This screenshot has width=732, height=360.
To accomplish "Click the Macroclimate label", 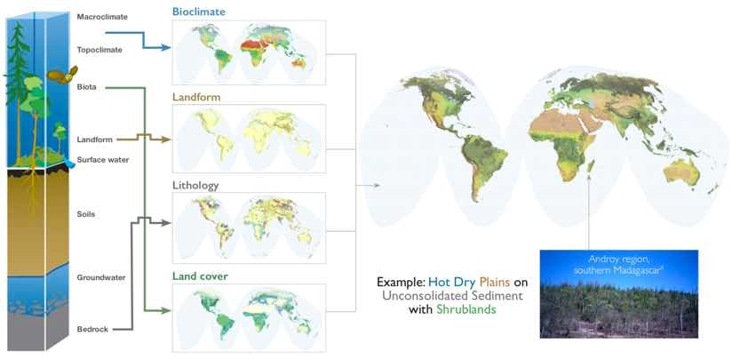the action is [x=102, y=17].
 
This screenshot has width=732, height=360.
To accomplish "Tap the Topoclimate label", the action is [x=99, y=50].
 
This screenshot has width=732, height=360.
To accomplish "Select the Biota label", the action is [x=87, y=87].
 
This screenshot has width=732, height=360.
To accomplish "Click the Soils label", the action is [x=86, y=214].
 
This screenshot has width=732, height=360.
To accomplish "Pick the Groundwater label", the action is [x=101, y=277].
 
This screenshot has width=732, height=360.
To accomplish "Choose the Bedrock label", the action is [x=92, y=329].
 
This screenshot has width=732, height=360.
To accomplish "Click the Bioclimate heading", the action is [x=199, y=12].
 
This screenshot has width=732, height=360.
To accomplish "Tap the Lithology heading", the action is [x=195, y=186].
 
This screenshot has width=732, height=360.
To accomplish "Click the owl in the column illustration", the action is [x=62, y=76].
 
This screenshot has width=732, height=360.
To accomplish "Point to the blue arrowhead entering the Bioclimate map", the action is [x=165, y=47].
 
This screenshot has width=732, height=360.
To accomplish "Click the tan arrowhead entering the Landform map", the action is [x=165, y=140].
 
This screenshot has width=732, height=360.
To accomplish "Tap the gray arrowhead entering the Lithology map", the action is [x=165, y=224].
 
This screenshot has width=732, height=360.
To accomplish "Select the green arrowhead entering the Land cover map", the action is [x=165, y=310].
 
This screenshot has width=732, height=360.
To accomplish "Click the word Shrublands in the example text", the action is [x=467, y=309].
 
